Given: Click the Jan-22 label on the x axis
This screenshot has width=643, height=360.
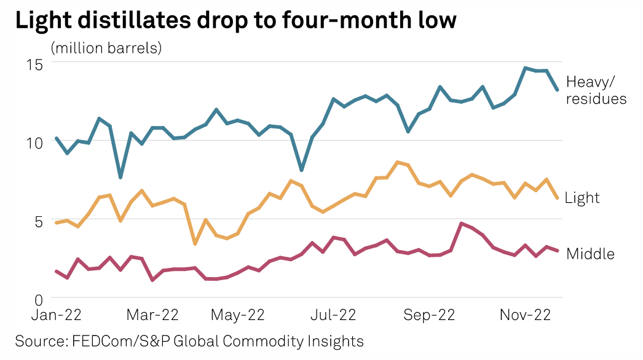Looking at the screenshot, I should [56, 316].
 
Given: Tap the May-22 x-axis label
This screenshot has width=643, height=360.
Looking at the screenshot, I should [237, 316].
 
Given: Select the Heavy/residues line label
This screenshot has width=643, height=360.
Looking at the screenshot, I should [596, 90].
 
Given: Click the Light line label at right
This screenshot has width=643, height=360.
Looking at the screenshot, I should [582, 198].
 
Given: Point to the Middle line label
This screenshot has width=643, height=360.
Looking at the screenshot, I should [590, 253].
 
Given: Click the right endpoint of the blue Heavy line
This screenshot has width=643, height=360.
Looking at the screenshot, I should [557, 90].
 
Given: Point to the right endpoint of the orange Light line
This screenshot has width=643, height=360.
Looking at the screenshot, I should [557, 198].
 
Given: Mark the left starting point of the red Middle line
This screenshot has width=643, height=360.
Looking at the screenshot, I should [57, 271].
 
